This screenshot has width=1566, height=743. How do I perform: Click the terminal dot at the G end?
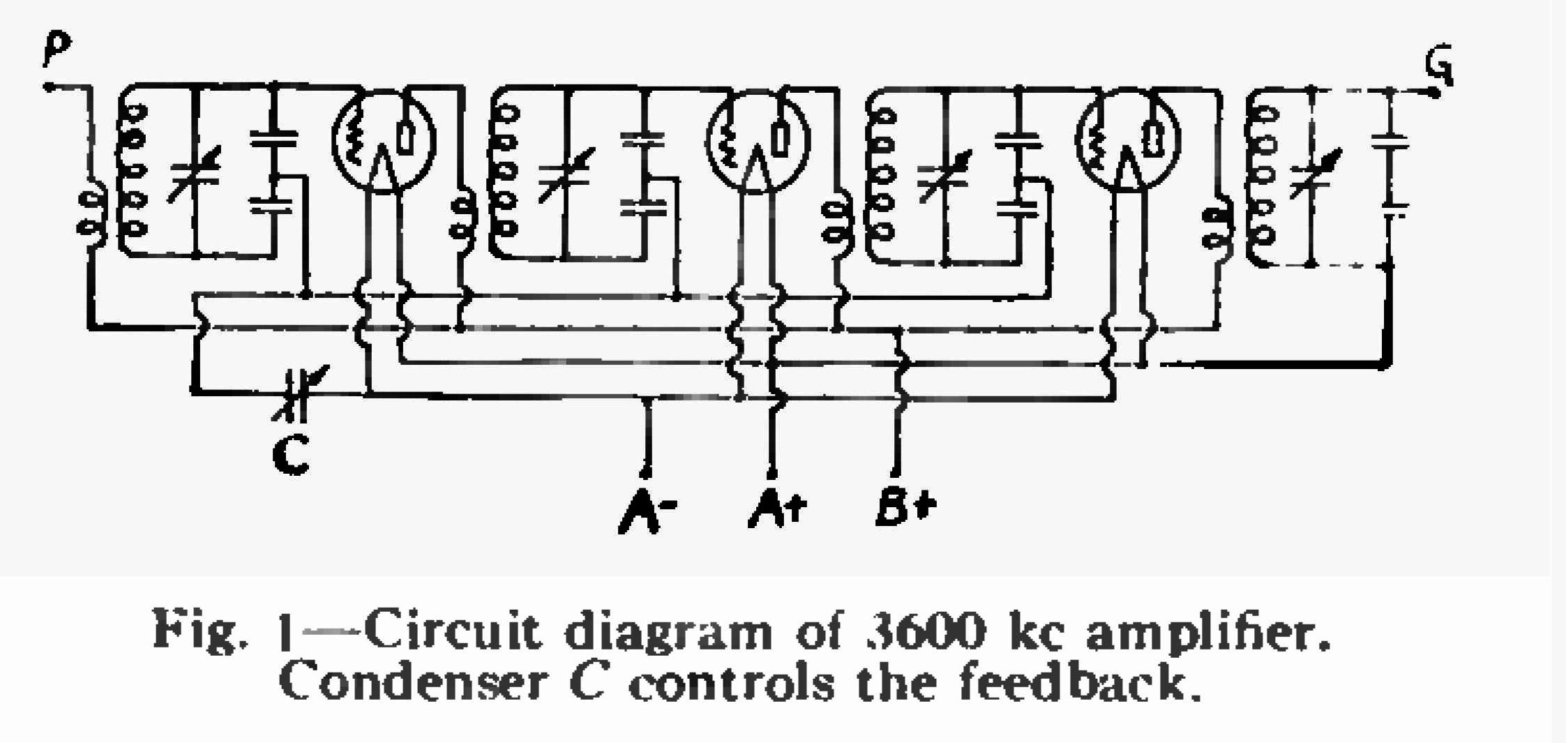(x=1434, y=93)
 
